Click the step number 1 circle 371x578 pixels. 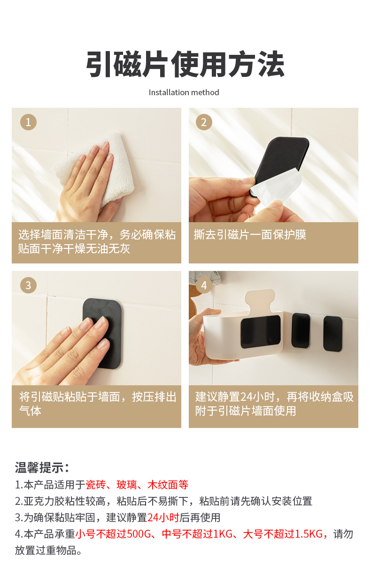[28, 122]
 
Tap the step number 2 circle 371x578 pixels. [204, 122]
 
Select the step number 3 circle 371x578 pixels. [28, 285]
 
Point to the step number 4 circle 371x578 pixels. [204, 285]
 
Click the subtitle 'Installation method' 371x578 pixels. [184, 92]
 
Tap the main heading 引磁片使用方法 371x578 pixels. [185, 64]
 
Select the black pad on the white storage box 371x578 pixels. [261, 331]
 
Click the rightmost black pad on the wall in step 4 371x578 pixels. [333, 333]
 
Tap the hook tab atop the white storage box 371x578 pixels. [260, 300]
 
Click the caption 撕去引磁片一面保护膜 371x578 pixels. [250, 234]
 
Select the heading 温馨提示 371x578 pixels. [42, 467]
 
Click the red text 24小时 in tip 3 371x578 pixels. [163, 518]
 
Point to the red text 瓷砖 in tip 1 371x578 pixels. [96, 485]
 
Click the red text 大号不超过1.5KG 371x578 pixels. [283, 533]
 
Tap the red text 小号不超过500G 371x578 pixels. [113, 533]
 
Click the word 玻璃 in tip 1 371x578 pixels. [127, 485]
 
